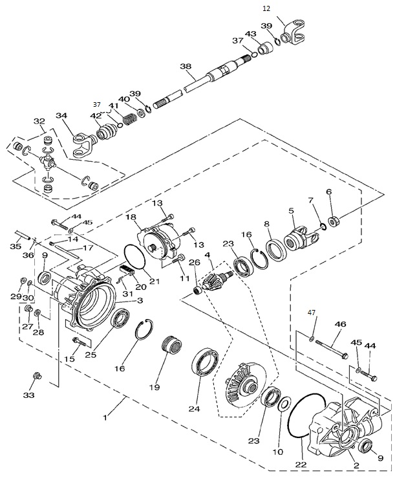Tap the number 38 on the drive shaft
pos(186,67)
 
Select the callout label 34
pos(61,116)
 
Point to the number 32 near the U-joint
pos(39,121)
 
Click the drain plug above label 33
pos(36,376)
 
